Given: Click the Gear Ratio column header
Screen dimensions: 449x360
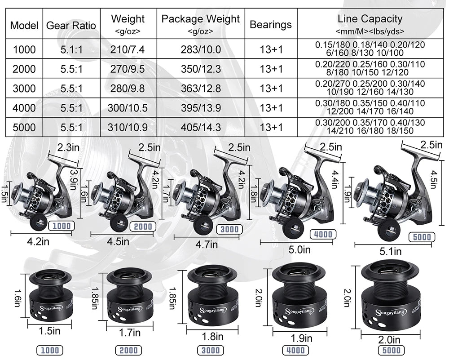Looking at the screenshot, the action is (x=71, y=25).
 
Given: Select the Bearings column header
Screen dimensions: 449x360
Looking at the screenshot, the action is (x=271, y=25).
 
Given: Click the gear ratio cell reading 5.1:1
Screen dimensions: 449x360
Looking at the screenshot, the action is (x=71, y=49).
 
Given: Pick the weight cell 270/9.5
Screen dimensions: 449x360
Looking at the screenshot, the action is (x=128, y=69).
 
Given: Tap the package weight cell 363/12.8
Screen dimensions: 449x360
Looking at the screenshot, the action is (x=201, y=88).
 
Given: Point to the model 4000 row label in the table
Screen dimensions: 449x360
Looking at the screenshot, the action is (x=24, y=108).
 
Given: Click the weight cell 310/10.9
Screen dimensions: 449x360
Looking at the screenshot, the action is (x=128, y=127).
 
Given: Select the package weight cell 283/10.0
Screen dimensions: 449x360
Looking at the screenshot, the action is (x=201, y=49).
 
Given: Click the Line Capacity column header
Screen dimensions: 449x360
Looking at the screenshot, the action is (x=370, y=19).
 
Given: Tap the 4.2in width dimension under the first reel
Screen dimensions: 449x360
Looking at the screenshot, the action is (x=38, y=241).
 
